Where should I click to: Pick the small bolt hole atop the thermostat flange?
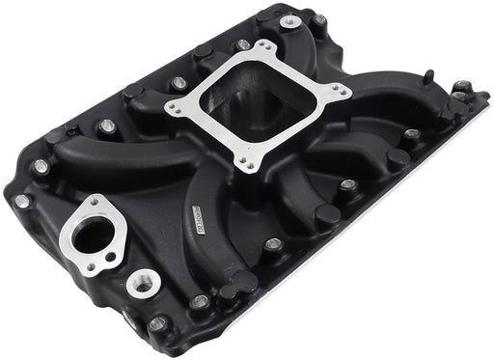97,203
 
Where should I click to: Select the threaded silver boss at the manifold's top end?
290,21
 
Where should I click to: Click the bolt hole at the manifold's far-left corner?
21,201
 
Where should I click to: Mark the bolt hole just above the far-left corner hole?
41,166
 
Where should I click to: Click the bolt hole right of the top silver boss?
319,18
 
